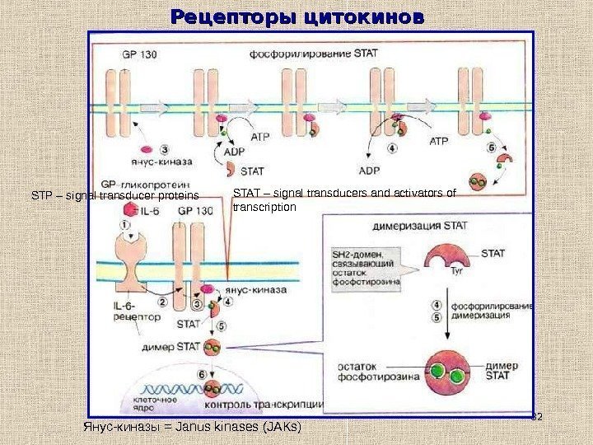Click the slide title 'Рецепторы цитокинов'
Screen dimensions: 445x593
[x=297, y=16]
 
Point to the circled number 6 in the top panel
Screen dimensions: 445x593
[x=492, y=148]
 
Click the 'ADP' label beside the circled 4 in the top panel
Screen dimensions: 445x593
[x=370, y=171]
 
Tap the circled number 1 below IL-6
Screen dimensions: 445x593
[x=124, y=223]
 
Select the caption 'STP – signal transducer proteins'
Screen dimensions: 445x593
[x=114, y=196]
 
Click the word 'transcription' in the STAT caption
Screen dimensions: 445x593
[x=264, y=208]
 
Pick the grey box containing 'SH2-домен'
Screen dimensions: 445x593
[x=367, y=266]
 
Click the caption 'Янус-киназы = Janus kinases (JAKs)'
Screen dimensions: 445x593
[x=191, y=429]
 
